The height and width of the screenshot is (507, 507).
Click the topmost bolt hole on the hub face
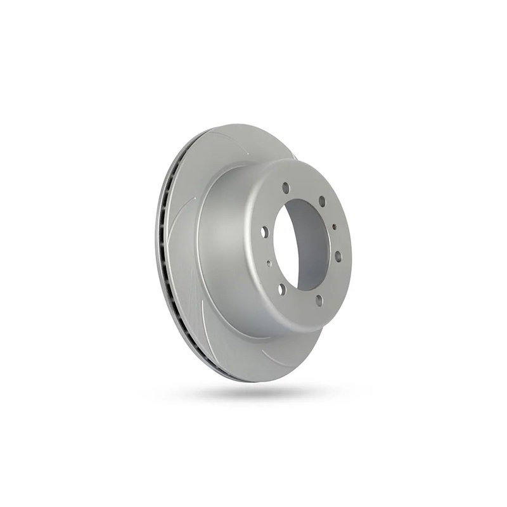pos(286,188)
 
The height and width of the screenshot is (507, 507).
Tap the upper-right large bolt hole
pos(322,201)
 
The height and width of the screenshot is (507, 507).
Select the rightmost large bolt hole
pos(338,256)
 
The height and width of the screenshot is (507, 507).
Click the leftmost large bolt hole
pos(265,232)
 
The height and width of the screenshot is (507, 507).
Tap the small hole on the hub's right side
pos(335,226)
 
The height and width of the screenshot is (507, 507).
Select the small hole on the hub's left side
pos(269,263)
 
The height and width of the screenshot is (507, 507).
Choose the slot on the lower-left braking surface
pos(202,298)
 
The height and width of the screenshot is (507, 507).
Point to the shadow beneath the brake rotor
pos(253,393)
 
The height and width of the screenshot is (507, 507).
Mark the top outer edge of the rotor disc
pos(241,125)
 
